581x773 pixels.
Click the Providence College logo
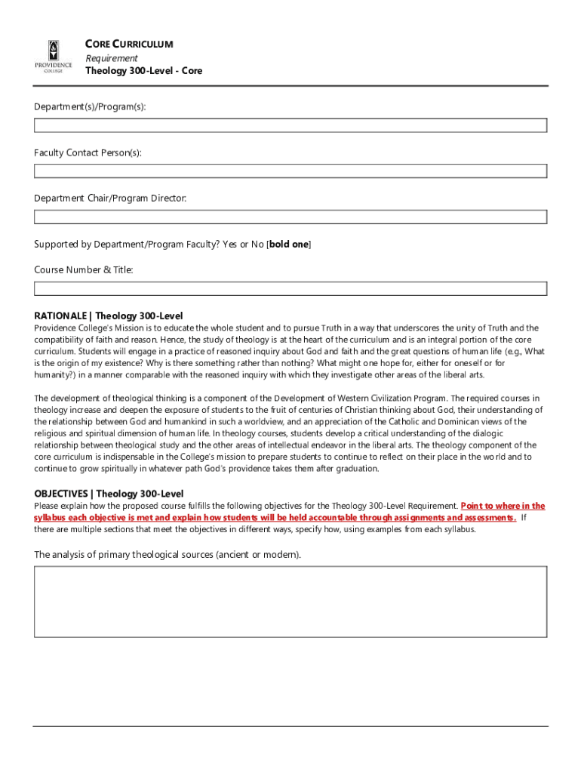coord(53,57)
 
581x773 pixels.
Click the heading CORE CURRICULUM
coord(129,45)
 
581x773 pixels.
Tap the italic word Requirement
coord(111,58)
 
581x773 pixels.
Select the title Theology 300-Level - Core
coord(143,71)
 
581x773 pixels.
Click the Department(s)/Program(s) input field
coord(290,125)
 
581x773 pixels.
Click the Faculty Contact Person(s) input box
coord(290,171)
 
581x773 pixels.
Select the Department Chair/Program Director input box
coord(290,217)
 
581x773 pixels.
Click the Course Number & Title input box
coord(290,288)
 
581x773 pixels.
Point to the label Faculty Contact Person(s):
coord(88,153)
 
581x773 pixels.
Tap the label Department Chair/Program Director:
coord(110,199)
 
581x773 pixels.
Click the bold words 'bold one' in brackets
coord(288,245)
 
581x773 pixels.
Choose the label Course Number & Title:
coord(83,269)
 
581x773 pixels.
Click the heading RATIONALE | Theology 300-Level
coord(109,316)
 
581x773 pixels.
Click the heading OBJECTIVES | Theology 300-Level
coord(109,494)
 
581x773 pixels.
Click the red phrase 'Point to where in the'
coord(503,506)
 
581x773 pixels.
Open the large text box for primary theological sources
coord(290,602)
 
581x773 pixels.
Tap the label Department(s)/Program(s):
coord(90,107)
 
